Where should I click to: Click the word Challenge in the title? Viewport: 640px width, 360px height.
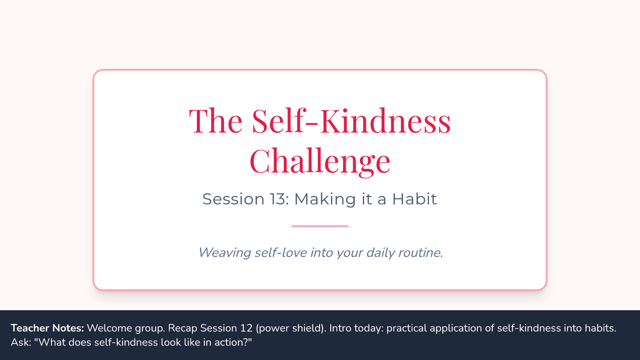320,161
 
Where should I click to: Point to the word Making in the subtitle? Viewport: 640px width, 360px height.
325,199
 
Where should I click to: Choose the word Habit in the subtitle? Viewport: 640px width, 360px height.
414,199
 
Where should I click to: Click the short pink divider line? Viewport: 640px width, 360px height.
319,226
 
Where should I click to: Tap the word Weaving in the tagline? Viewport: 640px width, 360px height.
225,253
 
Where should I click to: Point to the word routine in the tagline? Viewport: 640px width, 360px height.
419,253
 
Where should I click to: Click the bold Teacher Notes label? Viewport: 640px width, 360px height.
47,328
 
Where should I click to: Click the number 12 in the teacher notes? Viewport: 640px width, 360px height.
246,328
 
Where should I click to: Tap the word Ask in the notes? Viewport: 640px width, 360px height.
20,342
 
